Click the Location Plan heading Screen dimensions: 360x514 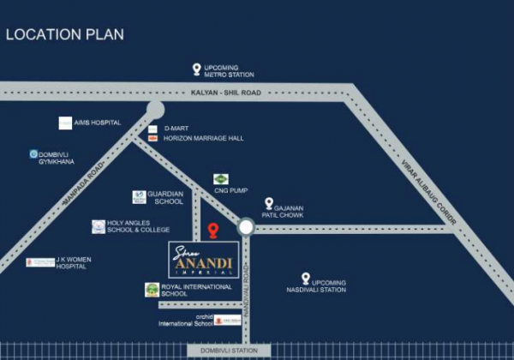(x=65, y=34)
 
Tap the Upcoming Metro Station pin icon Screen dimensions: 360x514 (x=197, y=69)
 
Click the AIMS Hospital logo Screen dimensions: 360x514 (x=65, y=123)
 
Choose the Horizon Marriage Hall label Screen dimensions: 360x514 (x=203, y=138)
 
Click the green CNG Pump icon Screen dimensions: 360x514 (x=221, y=179)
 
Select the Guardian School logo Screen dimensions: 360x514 (x=139, y=197)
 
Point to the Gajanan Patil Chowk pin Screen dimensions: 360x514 (x=269, y=204)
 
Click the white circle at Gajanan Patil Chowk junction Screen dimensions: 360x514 (x=246, y=226)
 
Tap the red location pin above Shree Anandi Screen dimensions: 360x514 (x=213, y=231)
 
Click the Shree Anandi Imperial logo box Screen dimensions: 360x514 (x=204, y=259)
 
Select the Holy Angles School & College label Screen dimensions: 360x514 (x=138, y=226)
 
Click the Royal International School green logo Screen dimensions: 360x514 (x=152, y=290)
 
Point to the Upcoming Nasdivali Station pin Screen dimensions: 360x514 (x=305, y=279)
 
